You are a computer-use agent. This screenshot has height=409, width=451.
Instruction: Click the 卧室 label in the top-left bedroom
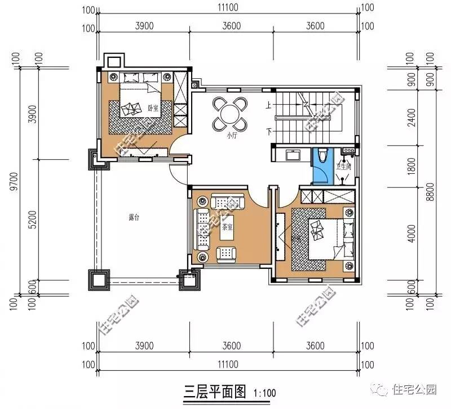coord(152,107)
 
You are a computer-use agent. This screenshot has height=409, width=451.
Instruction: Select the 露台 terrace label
coord(134,218)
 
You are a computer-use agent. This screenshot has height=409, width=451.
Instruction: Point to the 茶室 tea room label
coord(228,228)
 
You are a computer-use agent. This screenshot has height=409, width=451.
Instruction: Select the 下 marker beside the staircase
coord(269,132)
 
